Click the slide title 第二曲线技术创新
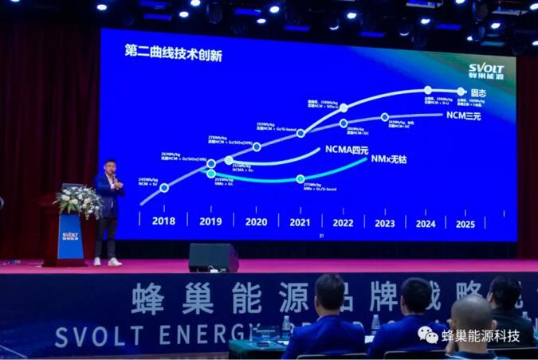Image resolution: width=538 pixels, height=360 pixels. [x=173, y=53]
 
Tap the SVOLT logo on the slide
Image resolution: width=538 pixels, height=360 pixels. [x=485, y=71]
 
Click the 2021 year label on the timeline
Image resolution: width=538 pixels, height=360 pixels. [x=300, y=222]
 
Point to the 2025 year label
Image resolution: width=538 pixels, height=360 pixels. [x=465, y=224]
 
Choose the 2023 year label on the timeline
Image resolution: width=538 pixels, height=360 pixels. [x=384, y=224]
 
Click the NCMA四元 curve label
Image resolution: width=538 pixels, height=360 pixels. [x=347, y=150]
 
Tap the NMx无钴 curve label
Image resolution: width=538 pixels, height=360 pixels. [x=389, y=160]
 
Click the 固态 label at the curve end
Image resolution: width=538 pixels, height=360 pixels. [x=478, y=93]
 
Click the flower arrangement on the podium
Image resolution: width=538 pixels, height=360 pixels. [x=77, y=199]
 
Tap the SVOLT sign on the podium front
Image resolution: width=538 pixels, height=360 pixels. [x=70, y=236]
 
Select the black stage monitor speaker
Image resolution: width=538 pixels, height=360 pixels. [x=213, y=257]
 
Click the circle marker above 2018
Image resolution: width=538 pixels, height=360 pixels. [x=164, y=188]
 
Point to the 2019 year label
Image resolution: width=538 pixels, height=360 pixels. [x=210, y=222]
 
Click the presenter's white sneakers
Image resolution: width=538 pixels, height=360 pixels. [x=106, y=261]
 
